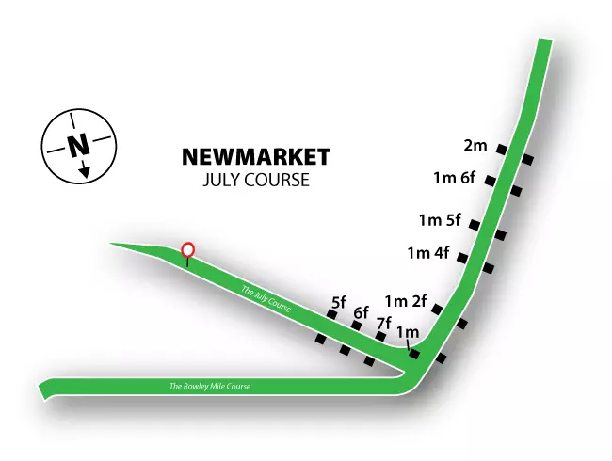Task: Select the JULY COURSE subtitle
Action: click(x=255, y=179)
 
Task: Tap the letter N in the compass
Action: click(x=79, y=145)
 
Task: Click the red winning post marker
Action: click(x=188, y=250)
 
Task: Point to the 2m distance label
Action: click(x=475, y=146)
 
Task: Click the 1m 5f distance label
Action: click(x=440, y=221)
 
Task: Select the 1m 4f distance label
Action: click(x=428, y=253)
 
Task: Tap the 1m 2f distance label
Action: click(x=406, y=302)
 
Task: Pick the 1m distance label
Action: click(x=408, y=331)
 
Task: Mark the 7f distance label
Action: click(x=383, y=324)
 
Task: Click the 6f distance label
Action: click(x=361, y=312)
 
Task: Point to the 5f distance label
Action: click(x=339, y=302)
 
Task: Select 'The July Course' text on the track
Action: click(x=266, y=299)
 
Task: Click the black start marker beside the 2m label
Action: click(x=504, y=150)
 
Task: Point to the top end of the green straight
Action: click(x=543, y=45)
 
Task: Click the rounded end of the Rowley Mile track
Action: click(x=43, y=388)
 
